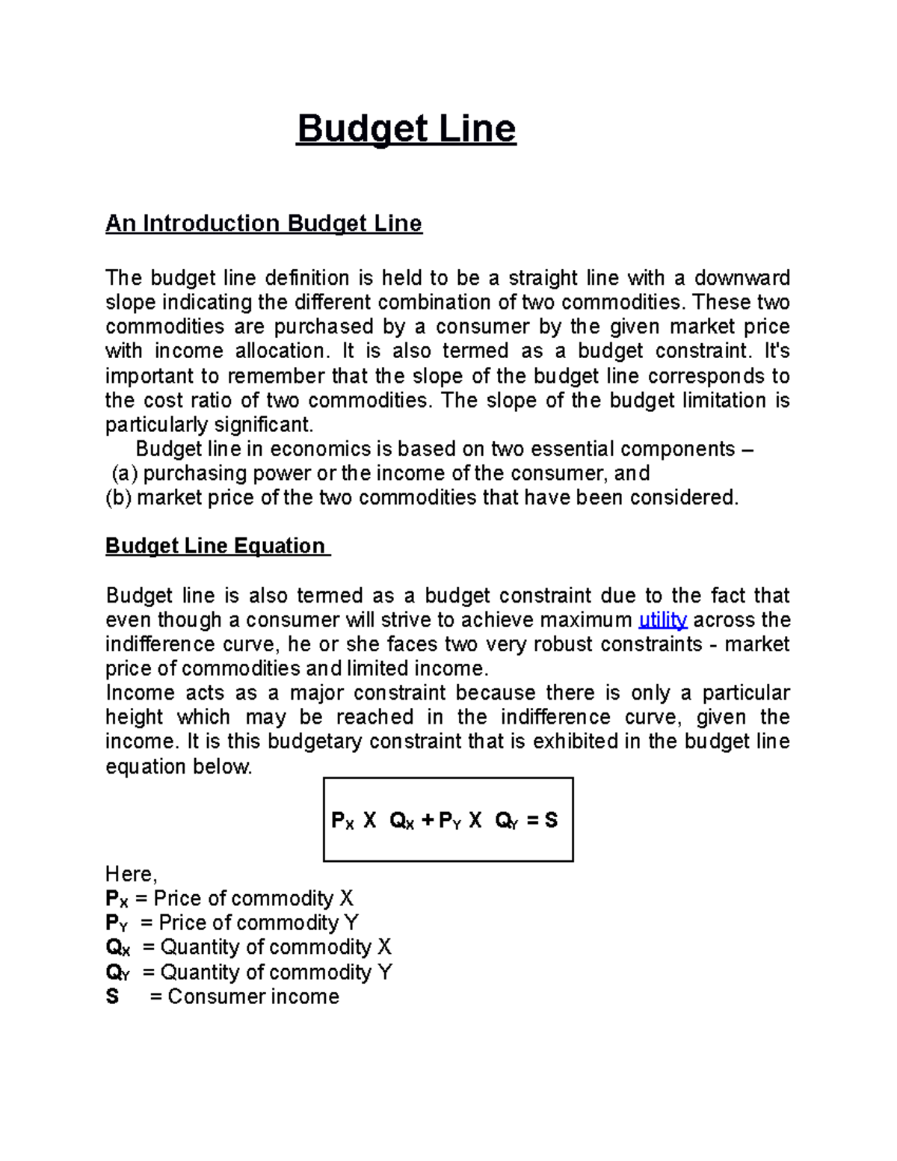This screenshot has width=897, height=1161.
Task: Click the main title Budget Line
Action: click(406, 129)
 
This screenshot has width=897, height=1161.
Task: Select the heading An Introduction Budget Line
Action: click(263, 224)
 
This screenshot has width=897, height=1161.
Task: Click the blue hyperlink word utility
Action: click(662, 620)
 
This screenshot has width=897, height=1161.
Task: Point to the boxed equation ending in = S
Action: click(447, 820)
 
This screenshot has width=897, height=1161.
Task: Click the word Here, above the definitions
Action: click(131, 874)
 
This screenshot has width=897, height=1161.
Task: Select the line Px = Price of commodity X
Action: click(229, 899)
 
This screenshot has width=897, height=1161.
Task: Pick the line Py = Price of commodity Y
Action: click(232, 923)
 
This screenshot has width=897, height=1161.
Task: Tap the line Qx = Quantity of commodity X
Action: click(248, 947)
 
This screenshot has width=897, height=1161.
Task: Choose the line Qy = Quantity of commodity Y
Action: click(248, 972)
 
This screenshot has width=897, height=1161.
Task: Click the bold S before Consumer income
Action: click(112, 997)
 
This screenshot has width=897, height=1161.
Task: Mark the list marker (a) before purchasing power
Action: click(124, 473)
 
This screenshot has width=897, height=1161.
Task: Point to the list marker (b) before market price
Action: click(118, 498)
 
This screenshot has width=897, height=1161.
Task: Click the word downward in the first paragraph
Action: click(742, 278)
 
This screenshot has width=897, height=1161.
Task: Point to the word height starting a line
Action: click(134, 717)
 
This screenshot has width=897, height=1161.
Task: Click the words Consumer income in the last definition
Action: click(253, 997)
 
